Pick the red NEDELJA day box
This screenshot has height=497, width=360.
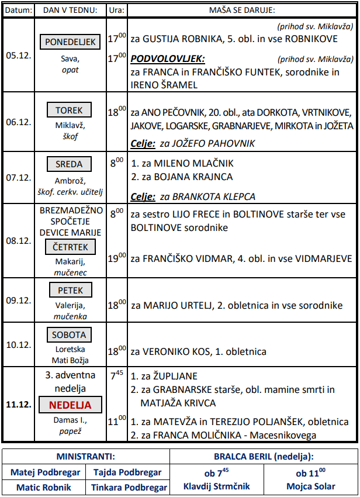click(x=70, y=405)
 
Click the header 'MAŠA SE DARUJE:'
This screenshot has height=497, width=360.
click(x=242, y=11)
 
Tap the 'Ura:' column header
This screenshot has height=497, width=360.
click(x=116, y=11)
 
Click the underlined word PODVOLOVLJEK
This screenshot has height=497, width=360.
click(x=167, y=59)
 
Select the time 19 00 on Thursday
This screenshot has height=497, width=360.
click(x=117, y=257)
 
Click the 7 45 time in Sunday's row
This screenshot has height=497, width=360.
click(x=117, y=375)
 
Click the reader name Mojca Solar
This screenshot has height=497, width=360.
click(x=311, y=486)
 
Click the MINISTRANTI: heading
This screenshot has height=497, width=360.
click(x=85, y=456)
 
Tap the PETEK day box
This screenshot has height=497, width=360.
click(x=70, y=290)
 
